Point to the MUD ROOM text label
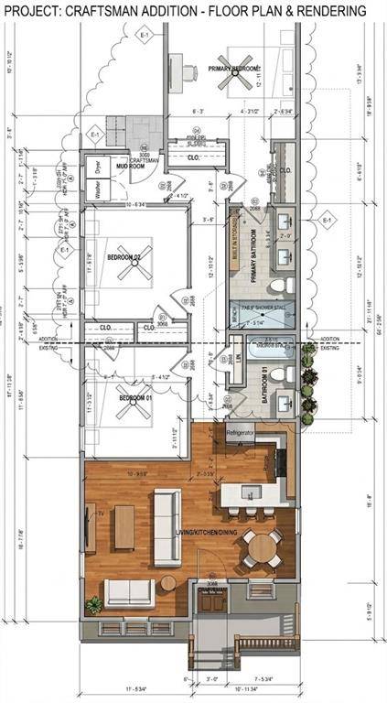pyautogui.click(x=123, y=168)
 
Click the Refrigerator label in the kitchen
pyautogui.click(x=240, y=432)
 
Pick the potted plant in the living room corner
pyautogui.click(x=92, y=605)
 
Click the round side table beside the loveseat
pyautogui.click(x=168, y=582)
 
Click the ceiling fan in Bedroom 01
pyautogui.click(x=134, y=410)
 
